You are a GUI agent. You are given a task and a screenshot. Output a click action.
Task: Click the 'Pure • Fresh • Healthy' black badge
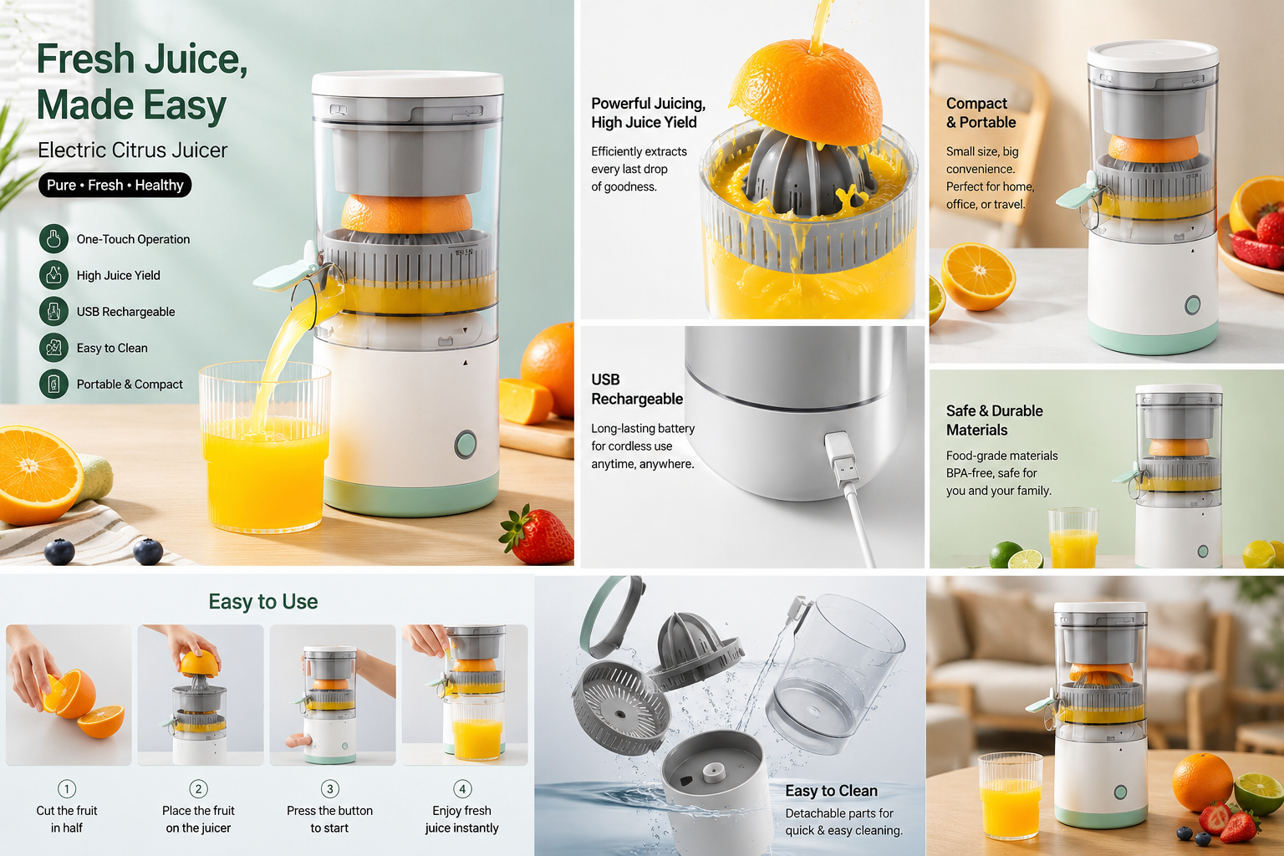point(115,186)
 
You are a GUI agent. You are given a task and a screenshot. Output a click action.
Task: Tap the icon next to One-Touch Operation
point(53,239)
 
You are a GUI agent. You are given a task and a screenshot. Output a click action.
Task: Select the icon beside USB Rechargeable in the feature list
point(53,311)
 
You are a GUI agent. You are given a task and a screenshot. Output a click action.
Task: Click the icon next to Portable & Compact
point(53,384)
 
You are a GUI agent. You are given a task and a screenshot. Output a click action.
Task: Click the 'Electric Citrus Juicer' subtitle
point(132,150)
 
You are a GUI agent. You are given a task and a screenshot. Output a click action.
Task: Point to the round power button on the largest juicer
point(465,444)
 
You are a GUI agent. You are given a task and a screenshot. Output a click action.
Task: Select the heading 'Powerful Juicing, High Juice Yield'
point(649,113)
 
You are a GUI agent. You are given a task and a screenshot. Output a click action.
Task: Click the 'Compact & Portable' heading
point(981,113)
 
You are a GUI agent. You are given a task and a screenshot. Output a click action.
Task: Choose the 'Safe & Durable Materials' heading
point(995,420)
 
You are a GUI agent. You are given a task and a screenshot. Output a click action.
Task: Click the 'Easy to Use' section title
point(263,601)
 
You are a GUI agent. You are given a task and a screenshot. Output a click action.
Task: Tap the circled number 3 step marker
point(330,789)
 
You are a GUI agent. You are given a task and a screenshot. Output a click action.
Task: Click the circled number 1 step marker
point(67,789)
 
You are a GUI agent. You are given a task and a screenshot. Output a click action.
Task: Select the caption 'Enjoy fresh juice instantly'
point(462,818)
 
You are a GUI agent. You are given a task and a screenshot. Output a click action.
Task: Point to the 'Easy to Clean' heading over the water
point(831,791)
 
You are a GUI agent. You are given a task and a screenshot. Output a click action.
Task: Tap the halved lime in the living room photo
point(1259,793)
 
